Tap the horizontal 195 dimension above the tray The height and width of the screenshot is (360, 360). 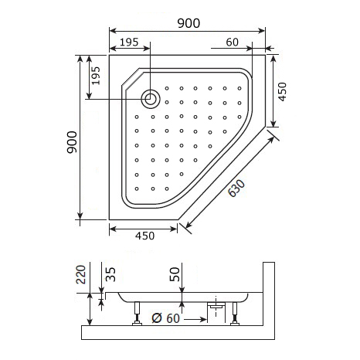click(130, 42)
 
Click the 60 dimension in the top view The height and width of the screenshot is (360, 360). click(232, 42)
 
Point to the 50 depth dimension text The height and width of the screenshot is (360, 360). click(175, 273)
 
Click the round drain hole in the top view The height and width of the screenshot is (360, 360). click(151, 98)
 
